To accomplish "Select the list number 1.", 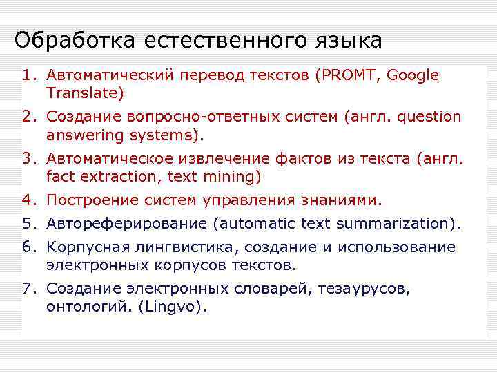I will pos(27,75).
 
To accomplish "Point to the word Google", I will pos(413,75).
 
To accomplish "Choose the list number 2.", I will pos(27,117).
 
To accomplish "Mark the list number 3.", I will pos(27,159).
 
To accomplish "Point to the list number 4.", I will pos(27,201).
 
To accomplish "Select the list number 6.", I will pos(27,247).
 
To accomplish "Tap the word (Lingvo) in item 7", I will pos(173,306).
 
